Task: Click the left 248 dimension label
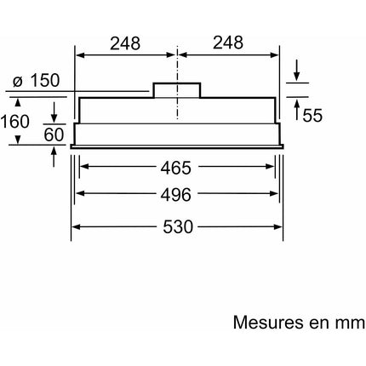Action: point(125,43)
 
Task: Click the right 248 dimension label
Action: point(228,43)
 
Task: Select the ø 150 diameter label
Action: point(36,80)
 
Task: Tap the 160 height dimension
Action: point(14,122)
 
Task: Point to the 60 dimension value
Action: point(54,134)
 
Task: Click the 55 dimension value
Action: point(312,115)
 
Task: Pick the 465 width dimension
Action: point(176,168)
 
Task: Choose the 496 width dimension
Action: point(176,195)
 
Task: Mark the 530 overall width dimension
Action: point(178,226)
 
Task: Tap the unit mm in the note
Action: point(350,323)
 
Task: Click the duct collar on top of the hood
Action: point(177,90)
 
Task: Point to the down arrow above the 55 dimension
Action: point(297,70)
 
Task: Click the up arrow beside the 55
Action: point(297,110)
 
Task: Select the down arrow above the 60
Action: point(54,112)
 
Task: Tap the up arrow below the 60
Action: point(54,157)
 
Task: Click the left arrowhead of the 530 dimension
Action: point(75,226)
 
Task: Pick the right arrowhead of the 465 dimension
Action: point(270,167)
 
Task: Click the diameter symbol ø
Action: point(18,82)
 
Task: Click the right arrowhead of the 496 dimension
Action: point(273,194)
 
